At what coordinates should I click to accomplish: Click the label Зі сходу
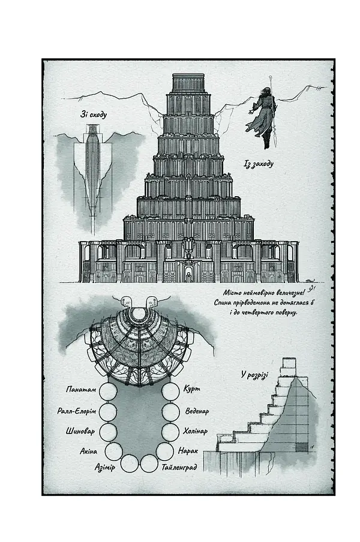pyautogui.click(x=94, y=115)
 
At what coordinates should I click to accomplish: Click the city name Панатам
pyautogui.click(x=81, y=389)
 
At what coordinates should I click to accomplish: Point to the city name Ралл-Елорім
pyautogui.click(x=76, y=411)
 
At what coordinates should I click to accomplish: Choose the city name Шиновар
pyautogui.click(x=80, y=432)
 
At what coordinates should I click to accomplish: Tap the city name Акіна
pyautogui.click(x=89, y=451)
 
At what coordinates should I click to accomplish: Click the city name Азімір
pyautogui.click(x=105, y=467)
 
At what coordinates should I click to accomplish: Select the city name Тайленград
pyautogui.click(x=179, y=467)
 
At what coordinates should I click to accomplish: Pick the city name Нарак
pyautogui.click(x=188, y=451)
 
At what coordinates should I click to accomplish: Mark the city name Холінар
pyautogui.click(x=196, y=431)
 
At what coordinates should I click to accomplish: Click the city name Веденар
pyautogui.click(x=197, y=411)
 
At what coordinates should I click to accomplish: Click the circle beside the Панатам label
pyautogui.click(x=108, y=392)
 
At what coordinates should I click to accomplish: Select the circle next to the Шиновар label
pyautogui.click(x=107, y=432)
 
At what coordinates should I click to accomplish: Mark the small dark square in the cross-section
pyautogui.click(x=302, y=447)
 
